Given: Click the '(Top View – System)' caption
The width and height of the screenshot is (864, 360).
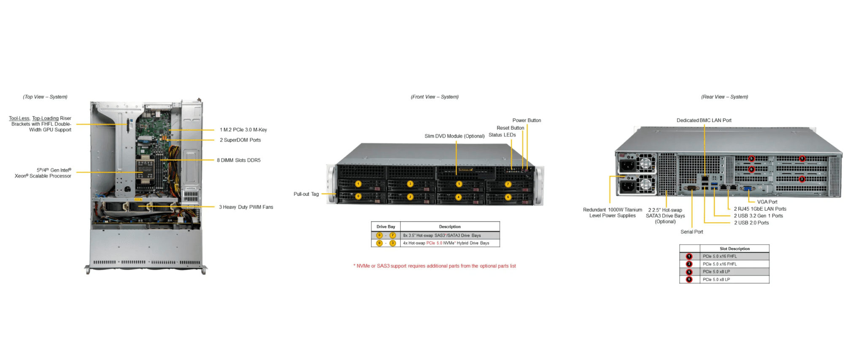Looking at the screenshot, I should pos(45,97).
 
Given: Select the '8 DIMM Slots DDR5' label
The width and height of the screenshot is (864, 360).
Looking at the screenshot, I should pos(238,160).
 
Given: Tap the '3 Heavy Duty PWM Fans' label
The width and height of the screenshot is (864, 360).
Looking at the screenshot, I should pos(246,207).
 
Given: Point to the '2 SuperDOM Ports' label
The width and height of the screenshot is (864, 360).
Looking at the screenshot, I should pos(240,140).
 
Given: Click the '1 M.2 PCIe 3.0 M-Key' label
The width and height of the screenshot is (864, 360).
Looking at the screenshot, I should pos(243,130).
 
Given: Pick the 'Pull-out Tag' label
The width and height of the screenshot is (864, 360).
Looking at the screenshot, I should pos(306,194).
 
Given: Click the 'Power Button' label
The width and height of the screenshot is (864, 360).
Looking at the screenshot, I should pos(526,121).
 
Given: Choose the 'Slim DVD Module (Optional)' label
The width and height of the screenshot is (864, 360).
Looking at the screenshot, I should pos(454,136).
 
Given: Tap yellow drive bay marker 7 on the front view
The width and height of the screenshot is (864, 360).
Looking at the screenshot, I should pos(508,184).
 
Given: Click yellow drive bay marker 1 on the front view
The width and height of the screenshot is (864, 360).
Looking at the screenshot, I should pos(358,184).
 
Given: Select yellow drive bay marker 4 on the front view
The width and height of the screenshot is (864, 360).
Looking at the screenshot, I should pos(459,197).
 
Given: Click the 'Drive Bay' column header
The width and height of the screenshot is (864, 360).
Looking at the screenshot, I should pos(386,227).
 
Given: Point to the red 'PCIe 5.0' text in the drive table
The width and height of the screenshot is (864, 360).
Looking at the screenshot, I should pos(434,243).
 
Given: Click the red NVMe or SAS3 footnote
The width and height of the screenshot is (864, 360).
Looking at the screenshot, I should pos(435,266).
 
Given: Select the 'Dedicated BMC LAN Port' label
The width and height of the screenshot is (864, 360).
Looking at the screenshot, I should pos(704,121).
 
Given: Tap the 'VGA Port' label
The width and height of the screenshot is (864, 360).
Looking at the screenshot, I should pos(767,202).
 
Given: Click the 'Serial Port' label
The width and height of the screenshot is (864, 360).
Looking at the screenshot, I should pos(691,232).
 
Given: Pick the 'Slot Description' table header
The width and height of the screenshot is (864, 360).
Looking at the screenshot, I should pos(734,249).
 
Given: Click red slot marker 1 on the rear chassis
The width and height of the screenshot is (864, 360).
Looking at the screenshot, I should pos(802,159).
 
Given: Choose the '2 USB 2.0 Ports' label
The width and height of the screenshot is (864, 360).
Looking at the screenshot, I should pos(751,223).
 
